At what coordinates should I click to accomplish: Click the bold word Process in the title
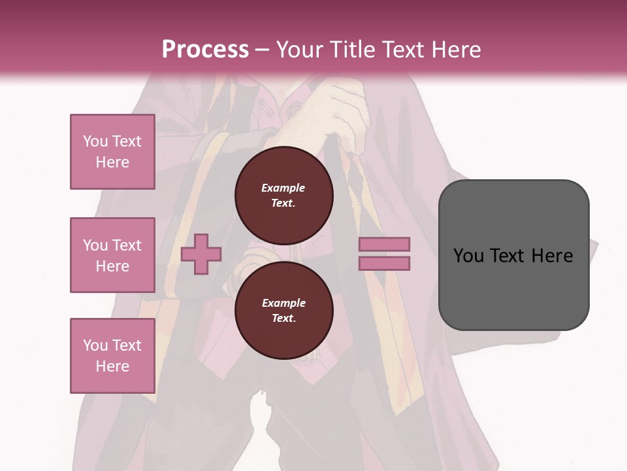point(205,49)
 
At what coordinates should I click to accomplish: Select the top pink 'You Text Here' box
point(112,152)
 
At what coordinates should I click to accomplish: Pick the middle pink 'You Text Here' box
point(112,255)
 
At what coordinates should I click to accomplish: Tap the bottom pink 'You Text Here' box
point(112,356)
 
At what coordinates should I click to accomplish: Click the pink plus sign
point(201,255)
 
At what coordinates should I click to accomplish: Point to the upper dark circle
point(283,196)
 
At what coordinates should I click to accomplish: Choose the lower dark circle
point(283,311)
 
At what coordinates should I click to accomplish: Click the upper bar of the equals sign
point(384,245)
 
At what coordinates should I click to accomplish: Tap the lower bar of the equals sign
point(384,263)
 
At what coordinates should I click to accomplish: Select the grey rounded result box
point(513,255)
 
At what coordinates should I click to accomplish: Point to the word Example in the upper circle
point(283,188)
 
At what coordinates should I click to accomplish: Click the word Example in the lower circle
point(283,303)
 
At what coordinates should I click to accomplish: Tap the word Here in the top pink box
point(112,162)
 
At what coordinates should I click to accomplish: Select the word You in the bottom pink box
point(95,345)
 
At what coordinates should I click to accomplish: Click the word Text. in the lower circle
point(283,319)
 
